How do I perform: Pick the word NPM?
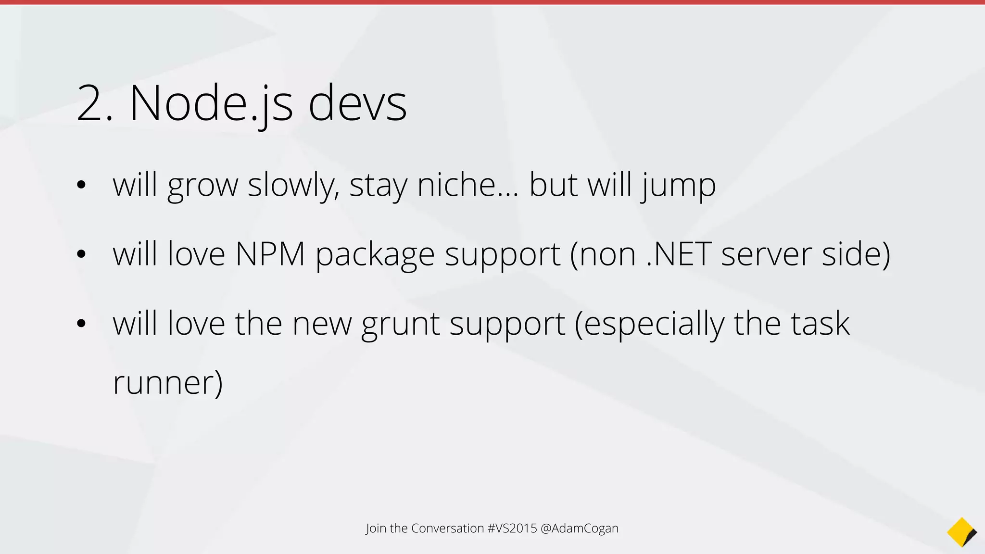pyautogui.click(x=270, y=254)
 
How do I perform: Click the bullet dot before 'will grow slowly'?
pyautogui.click(x=81, y=185)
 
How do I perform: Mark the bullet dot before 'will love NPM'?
pyautogui.click(x=81, y=254)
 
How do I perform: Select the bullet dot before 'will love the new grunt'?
pyautogui.click(x=81, y=324)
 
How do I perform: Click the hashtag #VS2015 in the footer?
pyautogui.click(x=512, y=528)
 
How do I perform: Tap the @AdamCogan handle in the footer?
pyautogui.click(x=579, y=528)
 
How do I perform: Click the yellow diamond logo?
pyautogui.click(x=961, y=532)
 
